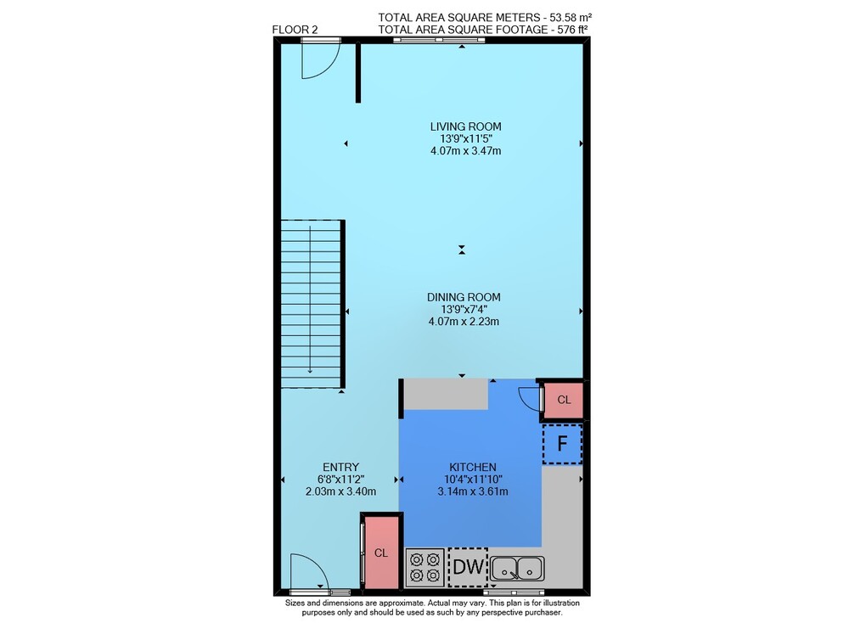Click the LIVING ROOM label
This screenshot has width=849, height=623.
click(465, 126)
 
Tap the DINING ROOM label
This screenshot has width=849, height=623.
click(464, 297)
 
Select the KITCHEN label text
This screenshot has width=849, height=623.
click(473, 467)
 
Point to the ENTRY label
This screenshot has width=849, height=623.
click(340, 467)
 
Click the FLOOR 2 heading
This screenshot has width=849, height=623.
click(295, 30)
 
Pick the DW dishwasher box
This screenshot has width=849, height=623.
click(468, 567)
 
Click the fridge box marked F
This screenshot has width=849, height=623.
click(563, 444)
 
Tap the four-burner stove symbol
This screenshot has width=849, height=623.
click(425, 567)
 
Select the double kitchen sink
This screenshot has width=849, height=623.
click(518, 569)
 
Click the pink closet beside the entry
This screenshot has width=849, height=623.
click(381, 552)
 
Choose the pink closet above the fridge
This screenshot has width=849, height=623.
click(563, 400)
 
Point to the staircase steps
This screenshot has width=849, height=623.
click(312, 304)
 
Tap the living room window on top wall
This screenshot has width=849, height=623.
click(439, 40)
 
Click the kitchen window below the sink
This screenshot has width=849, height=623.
click(514, 592)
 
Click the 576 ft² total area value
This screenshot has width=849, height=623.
click(573, 30)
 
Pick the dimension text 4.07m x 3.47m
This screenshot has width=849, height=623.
click(465, 151)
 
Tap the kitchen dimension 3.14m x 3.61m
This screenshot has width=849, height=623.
click(473, 492)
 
